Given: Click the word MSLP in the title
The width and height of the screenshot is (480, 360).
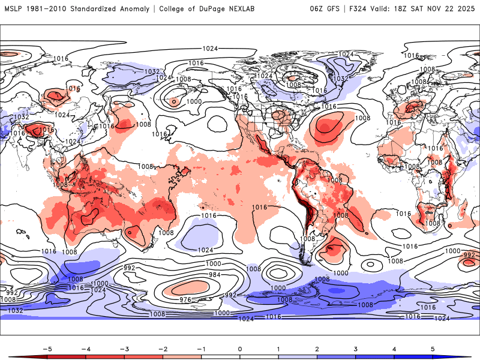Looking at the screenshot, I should point(14,9).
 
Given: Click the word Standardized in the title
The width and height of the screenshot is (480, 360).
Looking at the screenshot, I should point(91,9).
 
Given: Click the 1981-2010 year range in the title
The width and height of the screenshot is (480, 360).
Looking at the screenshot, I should point(47,9).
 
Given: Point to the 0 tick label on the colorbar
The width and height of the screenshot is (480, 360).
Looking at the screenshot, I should point(240,348).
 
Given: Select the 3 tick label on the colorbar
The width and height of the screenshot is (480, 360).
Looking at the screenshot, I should point(356,348).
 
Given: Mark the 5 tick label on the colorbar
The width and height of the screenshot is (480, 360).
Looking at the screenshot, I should point(433,348).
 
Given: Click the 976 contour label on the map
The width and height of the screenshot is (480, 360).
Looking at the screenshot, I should point(186,299).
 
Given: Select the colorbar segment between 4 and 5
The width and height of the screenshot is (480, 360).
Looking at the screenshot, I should point(414,356).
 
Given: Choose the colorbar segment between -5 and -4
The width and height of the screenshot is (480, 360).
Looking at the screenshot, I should point(67,356).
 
